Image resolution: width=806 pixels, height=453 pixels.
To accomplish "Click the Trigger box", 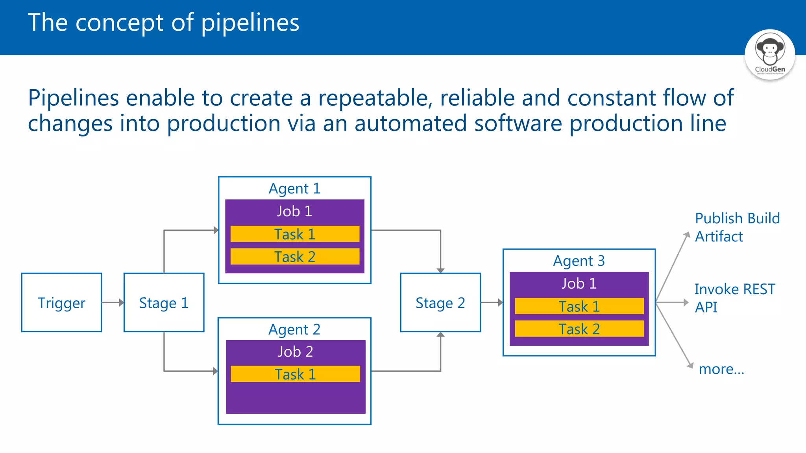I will point(61,302).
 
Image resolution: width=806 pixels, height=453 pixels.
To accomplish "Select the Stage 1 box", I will point(164,302).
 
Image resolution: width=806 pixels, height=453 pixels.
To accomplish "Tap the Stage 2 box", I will point(440,302).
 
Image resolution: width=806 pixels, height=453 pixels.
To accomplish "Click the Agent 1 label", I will point(294,188).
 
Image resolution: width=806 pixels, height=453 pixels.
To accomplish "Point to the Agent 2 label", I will point(294,329).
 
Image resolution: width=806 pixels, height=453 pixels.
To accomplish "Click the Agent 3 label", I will point(579,261).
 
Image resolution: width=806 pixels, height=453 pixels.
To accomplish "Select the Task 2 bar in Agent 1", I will point(295,256).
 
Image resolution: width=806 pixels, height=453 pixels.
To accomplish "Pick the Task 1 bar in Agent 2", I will point(295,374).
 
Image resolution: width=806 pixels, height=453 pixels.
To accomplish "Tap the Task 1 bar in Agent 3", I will point(579,306).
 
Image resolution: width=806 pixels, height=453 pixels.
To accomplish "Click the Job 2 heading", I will point(295,352).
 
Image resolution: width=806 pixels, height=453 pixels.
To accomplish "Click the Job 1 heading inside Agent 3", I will point(579,284).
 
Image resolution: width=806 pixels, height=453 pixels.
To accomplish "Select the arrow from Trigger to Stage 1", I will point(113,302).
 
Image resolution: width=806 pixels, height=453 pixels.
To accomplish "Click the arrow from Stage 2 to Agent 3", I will point(492,302).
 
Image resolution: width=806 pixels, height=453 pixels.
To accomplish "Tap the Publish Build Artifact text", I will point(737,227).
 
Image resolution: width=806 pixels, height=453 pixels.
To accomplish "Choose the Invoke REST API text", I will point(734,298).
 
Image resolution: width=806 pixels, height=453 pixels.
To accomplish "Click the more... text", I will point(721,369).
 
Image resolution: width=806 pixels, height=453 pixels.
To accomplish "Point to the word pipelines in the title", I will point(250,23).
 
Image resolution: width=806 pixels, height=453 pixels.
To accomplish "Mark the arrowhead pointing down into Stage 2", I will point(440,271).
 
